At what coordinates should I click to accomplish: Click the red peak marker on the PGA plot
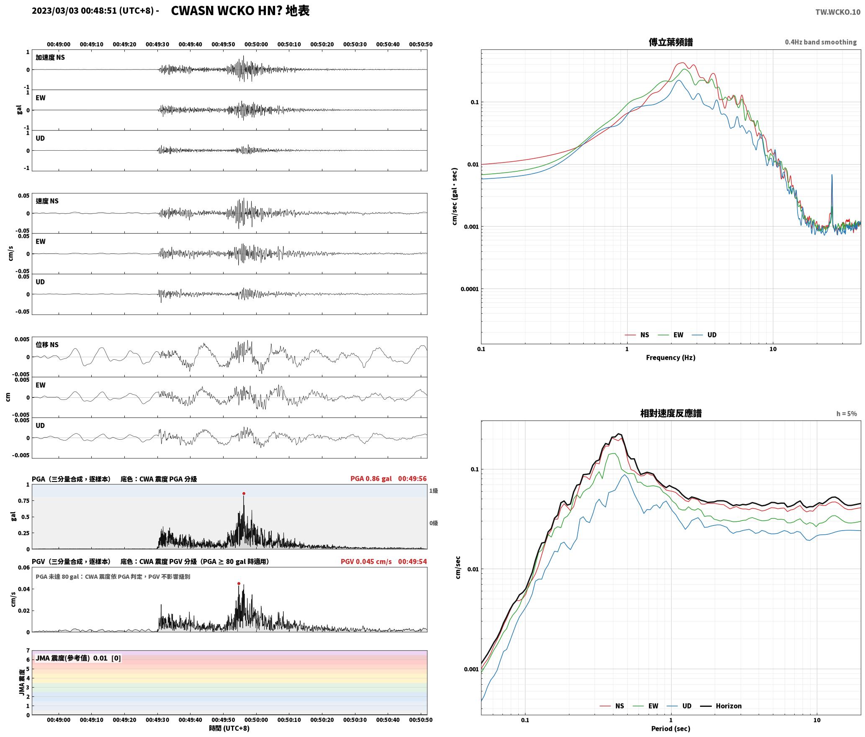tap(244, 494)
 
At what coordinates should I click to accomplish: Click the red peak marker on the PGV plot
tap(239, 583)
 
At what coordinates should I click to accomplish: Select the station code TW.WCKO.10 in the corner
tap(838, 12)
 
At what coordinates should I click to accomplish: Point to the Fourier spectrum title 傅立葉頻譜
tap(671, 42)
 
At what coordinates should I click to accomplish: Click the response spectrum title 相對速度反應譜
tap(671, 413)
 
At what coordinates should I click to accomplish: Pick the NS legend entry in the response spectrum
tap(612, 706)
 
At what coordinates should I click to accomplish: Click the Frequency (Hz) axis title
tap(671, 358)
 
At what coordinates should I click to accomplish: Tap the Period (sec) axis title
tap(671, 729)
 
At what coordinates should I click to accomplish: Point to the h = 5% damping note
tap(847, 414)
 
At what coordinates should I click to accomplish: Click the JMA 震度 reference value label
tap(78, 658)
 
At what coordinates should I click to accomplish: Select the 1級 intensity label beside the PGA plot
tap(433, 491)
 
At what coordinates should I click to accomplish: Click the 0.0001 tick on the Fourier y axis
tap(469, 289)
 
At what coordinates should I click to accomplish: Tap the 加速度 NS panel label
tap(50, 58)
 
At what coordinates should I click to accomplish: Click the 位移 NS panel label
tap(47, 345)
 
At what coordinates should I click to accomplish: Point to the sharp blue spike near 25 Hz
tap(832, 175)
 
